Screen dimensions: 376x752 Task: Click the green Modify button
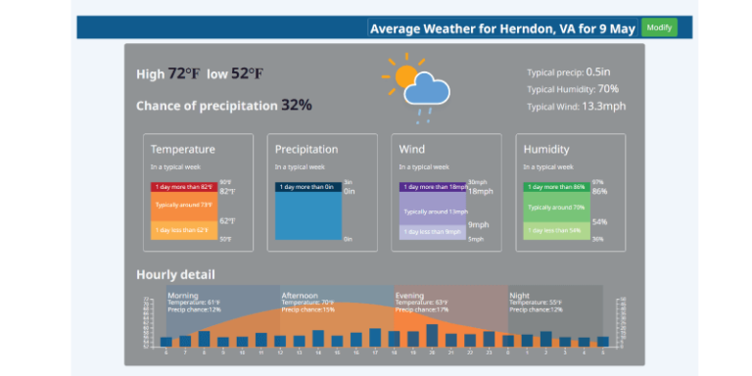tap(659, 27)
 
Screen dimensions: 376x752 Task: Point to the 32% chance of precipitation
tap(297, 105)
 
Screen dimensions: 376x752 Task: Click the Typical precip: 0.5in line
tap(569, 71)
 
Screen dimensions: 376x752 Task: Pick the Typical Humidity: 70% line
tap(572, 88)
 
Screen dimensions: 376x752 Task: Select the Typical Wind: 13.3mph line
tap(576, 106)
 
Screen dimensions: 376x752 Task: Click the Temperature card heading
tap(182, 149)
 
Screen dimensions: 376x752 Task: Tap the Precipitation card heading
tap(306, 149)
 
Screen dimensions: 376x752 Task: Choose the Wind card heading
tap(412, 149)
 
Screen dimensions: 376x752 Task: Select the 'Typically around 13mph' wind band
tap(432, 211)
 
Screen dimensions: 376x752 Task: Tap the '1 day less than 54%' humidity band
tap(556, 231)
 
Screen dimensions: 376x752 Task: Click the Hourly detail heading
tap(175, 274)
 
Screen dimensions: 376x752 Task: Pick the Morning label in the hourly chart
tap(183, 295)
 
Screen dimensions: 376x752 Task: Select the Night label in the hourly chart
tap(519, 295)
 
